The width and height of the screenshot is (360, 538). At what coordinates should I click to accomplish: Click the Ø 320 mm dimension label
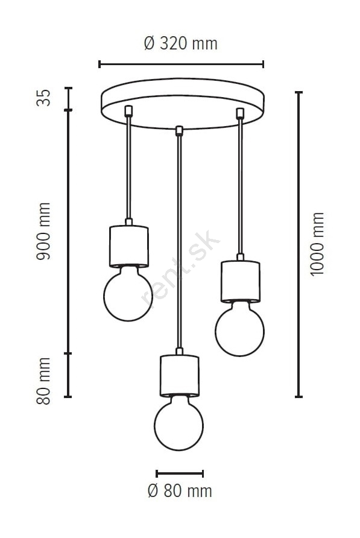pos(181,43)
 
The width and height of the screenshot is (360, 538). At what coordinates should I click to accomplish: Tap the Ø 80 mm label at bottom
pos(180,491)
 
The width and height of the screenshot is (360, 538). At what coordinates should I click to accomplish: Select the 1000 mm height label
pos(317,244)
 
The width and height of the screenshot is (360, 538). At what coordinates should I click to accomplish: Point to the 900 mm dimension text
pos(43,231)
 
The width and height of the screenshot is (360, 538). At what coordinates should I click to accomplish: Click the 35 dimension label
pos(43,98)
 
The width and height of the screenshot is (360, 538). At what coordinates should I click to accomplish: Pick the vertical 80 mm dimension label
pos(43,381)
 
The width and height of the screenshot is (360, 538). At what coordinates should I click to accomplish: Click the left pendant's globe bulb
pos(128,294)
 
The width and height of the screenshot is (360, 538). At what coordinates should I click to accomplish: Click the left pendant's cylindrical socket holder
pos(128,246)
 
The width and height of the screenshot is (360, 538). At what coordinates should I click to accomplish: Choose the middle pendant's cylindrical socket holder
pos(179,376)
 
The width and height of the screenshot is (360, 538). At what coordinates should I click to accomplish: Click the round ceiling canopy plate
pos(183,104)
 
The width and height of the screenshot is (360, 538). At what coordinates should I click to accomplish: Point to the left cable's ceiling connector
pos(128,111)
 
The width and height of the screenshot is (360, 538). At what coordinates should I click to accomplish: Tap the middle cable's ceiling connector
pos(178,131)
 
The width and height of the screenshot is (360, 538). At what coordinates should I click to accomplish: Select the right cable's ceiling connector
pos(240,113)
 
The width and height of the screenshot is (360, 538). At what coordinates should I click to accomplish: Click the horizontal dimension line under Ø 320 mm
pos(181,64)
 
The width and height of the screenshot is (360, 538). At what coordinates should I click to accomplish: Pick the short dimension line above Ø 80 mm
pos(180,474)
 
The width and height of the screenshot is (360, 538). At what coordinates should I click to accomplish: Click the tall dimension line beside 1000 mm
pos(299,244)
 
